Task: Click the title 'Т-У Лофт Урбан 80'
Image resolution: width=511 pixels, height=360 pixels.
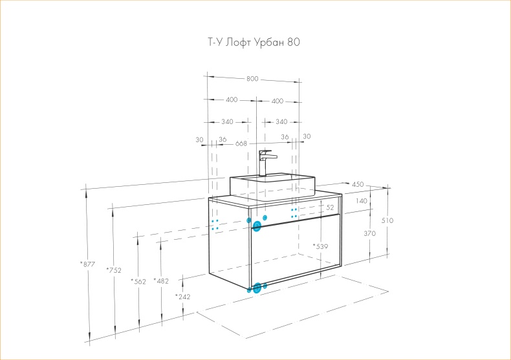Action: coord(249,43)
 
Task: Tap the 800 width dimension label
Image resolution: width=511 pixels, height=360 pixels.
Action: coord(252,79)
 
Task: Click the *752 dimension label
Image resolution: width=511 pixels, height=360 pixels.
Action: coord(113,270)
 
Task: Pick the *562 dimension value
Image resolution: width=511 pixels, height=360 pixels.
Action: coord(138,281)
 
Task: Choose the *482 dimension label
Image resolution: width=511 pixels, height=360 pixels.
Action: coord(160,281)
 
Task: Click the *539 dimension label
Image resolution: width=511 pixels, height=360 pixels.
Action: coord(321,246)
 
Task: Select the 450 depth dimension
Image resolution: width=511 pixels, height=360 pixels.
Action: coord(358,184)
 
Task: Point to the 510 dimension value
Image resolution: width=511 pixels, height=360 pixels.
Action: coord(387,220)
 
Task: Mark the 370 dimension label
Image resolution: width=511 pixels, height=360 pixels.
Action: coord(369,233)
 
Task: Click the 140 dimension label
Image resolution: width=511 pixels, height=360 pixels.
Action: coord(361,201)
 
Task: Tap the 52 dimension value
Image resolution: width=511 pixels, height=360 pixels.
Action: coord(330,207)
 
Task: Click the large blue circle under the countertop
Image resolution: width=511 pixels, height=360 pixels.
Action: coord(257,226)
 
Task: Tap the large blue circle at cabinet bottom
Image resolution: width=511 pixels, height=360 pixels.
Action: coord(257,288)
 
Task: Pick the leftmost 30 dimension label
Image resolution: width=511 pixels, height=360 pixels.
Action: coord(199,139)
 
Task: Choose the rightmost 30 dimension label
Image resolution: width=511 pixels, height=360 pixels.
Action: coord(307,136)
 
